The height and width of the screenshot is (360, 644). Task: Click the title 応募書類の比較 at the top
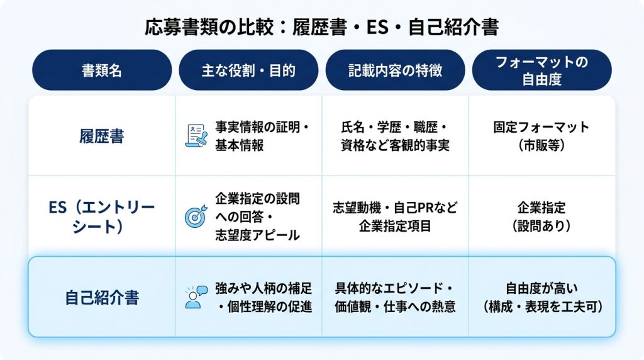209,27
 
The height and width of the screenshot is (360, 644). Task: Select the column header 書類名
102,70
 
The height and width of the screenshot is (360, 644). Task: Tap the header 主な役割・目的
248,70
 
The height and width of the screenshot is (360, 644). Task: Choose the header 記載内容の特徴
395,70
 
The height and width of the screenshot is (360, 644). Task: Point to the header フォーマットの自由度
541,70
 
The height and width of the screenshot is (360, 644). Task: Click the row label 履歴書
102,136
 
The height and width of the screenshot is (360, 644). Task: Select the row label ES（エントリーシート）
101,217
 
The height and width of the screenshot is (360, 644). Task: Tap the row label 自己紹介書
102,297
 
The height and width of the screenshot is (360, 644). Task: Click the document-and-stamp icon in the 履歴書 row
196,136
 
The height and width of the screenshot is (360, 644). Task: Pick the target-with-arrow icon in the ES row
196,217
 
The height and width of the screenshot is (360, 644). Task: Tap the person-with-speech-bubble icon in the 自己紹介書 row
196,297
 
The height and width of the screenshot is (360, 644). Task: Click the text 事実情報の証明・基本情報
262,136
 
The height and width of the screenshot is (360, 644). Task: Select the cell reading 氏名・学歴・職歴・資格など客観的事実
395,136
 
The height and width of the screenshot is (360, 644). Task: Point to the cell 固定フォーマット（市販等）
541,136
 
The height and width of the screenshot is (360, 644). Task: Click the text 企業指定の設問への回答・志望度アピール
257,217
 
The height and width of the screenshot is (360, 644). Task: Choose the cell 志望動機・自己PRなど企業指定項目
395,217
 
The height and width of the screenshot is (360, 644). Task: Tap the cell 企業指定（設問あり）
541,217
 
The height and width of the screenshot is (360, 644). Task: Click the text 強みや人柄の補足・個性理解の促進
264,297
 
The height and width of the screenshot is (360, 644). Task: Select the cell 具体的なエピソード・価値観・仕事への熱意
395,297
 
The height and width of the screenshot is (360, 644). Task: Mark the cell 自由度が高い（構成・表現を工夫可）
541,297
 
